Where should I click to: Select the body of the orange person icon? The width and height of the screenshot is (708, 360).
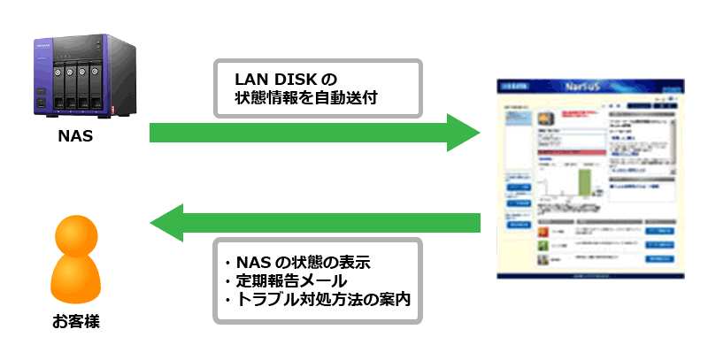click(x=75, y=279)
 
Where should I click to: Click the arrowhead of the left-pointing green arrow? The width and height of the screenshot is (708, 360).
click(x=167, y=222)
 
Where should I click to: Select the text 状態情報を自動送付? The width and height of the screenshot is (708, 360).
click(x=305, y=98)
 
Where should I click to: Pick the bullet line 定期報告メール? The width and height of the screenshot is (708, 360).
click(x=290, y=281)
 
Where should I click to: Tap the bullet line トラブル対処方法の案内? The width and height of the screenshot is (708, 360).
click(x=318, y=300)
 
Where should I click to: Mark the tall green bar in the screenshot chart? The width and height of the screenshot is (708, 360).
click(x=584, y=182)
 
